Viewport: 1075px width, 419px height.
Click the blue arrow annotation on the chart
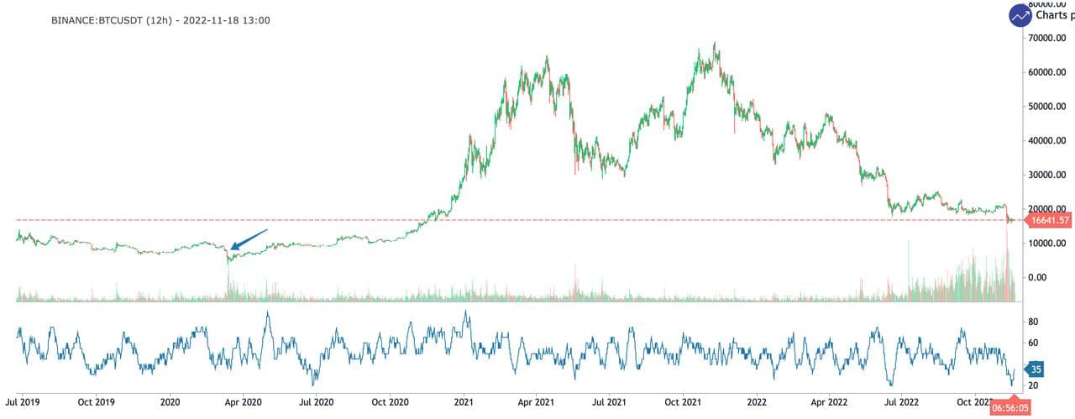(x=249, y=239)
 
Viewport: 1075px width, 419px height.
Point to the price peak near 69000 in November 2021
(x=716, y=44)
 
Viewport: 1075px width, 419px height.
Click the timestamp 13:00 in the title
(x=255, y=19)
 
